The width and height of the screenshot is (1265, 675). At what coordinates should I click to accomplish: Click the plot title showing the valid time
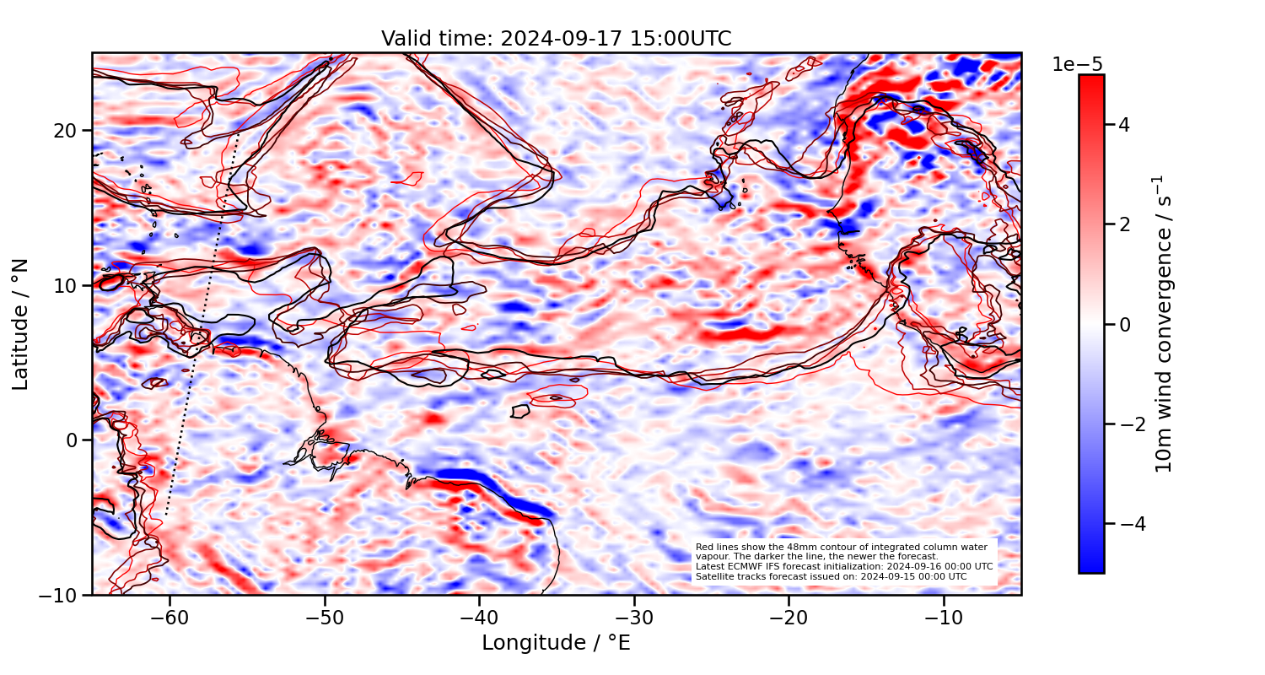pos(556,39)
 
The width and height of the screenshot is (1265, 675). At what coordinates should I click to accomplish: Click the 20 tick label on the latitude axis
pos(67,131)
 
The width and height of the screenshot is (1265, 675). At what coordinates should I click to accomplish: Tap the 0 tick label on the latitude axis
pos(73,440)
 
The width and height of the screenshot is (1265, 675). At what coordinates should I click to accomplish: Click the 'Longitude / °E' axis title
pos(556,643)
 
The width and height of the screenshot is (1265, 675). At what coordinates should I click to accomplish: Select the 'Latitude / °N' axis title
pos(21,324)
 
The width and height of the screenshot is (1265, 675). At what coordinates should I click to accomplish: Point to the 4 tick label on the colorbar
pos(1124,125)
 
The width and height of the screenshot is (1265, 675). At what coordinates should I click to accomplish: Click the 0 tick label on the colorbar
pos(1124,324)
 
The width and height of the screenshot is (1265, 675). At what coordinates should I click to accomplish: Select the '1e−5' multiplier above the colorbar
pos(1077,65)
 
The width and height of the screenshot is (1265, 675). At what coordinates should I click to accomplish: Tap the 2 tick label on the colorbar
pos(1124,224)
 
